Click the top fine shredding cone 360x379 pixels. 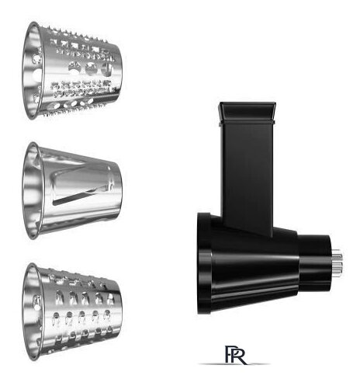71,71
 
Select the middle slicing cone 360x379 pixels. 72,190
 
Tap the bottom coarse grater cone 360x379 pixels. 72,312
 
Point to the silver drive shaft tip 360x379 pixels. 337,263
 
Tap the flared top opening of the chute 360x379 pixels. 247,112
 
